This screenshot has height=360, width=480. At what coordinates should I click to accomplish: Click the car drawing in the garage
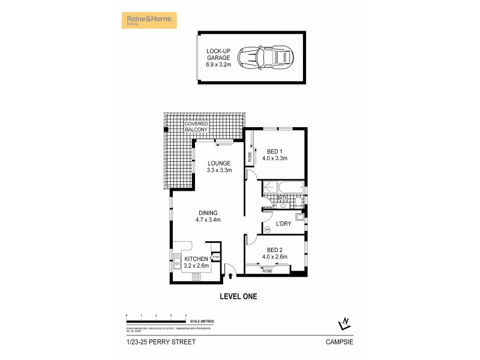(266, 58)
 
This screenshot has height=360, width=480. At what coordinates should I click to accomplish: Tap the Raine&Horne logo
(150, 20)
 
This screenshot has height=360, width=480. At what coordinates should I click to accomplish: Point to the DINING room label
(208, 216)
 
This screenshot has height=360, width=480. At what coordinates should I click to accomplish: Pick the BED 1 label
(275, 155)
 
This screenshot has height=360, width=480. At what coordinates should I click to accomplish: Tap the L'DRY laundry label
(283, 224)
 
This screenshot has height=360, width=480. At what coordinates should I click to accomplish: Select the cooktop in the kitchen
(196, 277)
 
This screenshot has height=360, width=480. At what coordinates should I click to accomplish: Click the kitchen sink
(178, 260)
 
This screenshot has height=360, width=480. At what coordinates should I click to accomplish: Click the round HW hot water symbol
(268, 229)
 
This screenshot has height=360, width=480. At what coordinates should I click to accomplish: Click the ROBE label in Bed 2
(267, 271)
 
